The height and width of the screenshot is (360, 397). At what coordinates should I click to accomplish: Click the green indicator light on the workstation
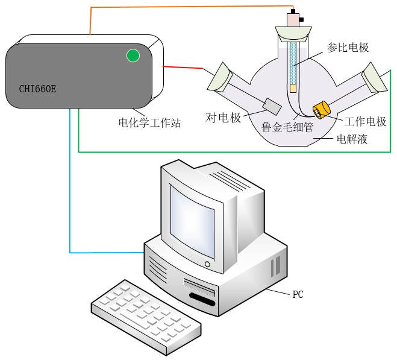click(133, 56)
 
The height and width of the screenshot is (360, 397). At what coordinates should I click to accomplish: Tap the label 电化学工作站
click(149, 123)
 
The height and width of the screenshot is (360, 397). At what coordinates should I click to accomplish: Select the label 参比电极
click(348, 48)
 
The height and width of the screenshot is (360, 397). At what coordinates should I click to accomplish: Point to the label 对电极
click(224, 118)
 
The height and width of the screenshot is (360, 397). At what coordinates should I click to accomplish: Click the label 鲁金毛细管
click(287, 127)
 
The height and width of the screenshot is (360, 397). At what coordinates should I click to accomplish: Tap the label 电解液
click(352, 140)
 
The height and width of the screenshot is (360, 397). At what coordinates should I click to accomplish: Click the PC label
click(298, 295)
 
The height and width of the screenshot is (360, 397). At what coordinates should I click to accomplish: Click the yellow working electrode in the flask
click(320, 110)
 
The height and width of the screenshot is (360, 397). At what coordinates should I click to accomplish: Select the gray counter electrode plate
click(272, 107)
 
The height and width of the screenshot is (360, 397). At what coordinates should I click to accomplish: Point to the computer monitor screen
click(192, 219)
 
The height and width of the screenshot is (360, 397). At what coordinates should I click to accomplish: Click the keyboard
click(145, 317)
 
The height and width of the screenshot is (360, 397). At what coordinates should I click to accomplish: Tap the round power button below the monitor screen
click(207, 264)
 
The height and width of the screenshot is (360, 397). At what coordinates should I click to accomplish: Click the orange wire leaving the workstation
click(181, 8)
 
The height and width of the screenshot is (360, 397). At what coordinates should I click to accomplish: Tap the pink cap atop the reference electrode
click(293, 19)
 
